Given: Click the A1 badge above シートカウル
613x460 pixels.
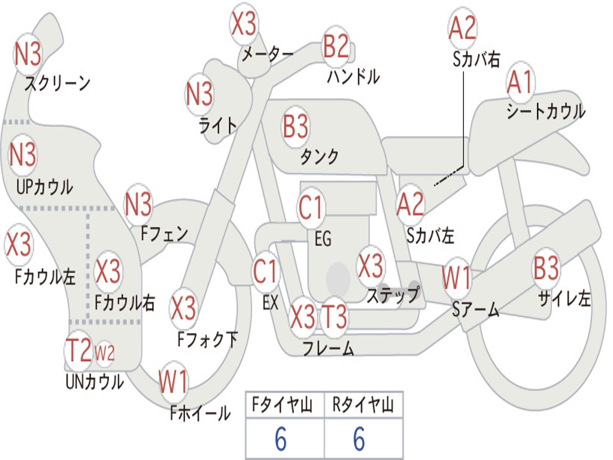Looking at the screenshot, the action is pos(520,83).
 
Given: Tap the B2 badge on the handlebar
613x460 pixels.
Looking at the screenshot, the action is pos(336,47).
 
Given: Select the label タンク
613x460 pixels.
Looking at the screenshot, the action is pos(319,157).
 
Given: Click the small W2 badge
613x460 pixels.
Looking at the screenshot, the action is pos(105,353).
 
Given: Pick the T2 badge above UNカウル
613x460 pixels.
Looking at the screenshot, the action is pos(78,351).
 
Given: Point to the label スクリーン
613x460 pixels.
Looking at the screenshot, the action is pos(57,83).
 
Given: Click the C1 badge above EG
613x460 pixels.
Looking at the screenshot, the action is pos(311,208).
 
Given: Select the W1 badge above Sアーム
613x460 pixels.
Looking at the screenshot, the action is pos(456,278).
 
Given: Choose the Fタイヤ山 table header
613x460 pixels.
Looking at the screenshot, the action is pos(284,407).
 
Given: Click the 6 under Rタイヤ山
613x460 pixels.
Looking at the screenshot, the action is pos(359,440).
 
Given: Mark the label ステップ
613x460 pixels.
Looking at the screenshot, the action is pos(393,295).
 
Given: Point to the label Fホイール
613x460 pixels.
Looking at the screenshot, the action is pos(200,413).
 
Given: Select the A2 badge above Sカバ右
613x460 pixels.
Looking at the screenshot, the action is pos(462,29).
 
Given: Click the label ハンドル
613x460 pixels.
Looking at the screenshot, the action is pos(353,77).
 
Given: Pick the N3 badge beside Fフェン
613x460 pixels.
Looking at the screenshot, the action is pos(138,205).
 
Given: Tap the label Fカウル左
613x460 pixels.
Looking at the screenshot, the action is pos(45,277).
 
